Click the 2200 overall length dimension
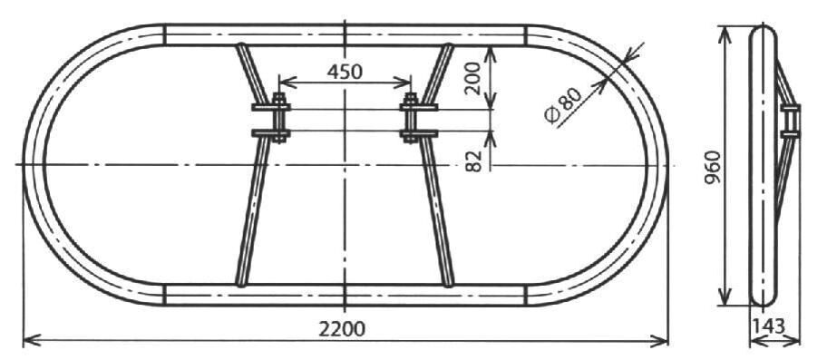(x=342, y=329)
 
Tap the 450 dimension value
(x=345, y=72)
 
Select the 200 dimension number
(x=472, y=78)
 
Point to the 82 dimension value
(x=474, y=161)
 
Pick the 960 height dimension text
(x=713, y=168)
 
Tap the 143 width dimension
(x=768, y=326)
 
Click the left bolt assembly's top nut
(x=279, y=99)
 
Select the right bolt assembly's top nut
(x=410, y=99)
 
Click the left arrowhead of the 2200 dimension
(x=32, y=340)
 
